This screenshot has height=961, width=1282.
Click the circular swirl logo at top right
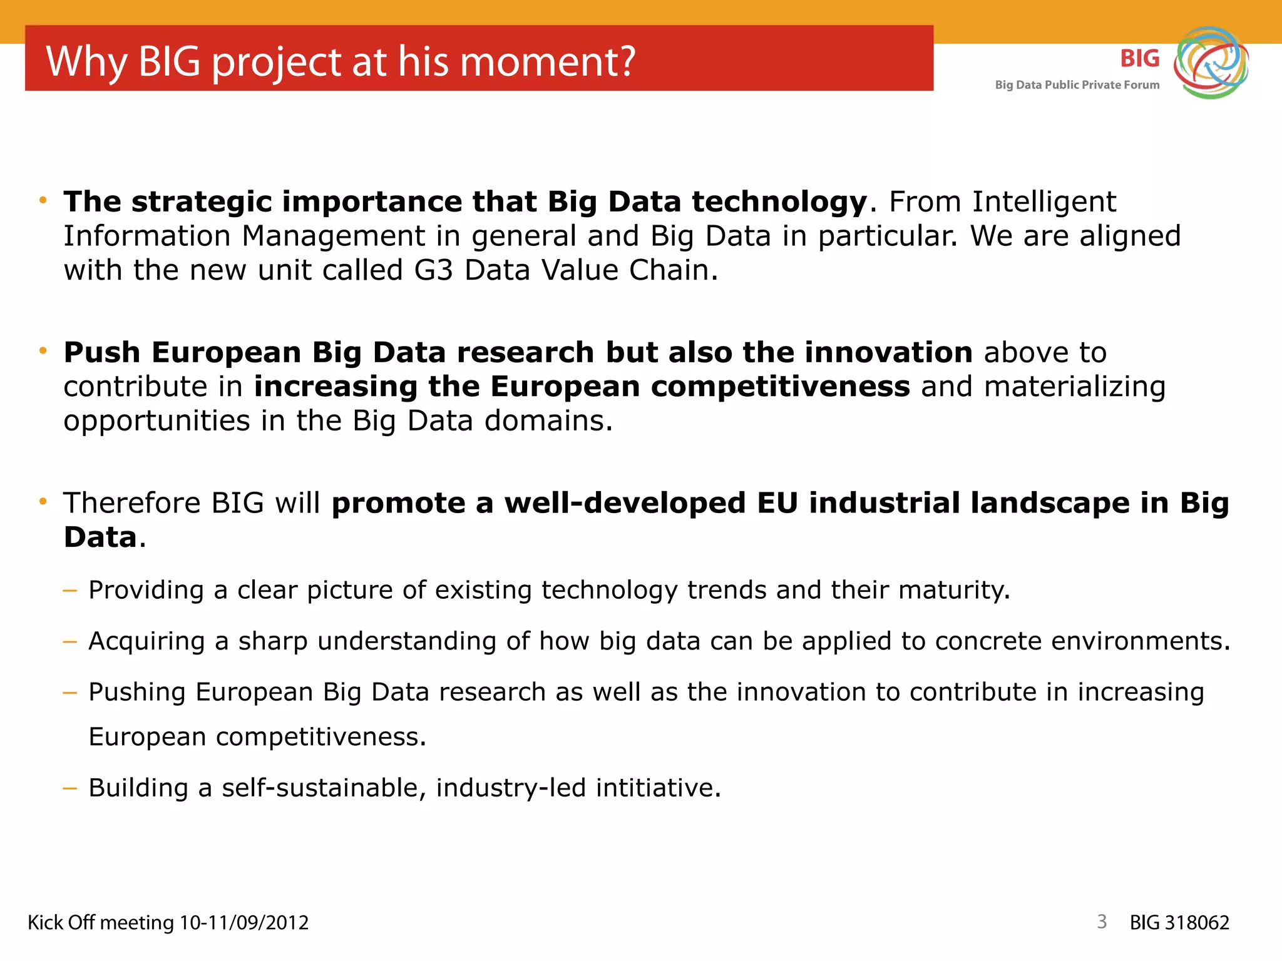1211,63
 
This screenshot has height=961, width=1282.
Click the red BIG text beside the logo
1139,59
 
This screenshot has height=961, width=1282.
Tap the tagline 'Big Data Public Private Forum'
1077,85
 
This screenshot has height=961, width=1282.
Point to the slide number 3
1102,922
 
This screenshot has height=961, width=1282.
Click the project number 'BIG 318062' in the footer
1179,923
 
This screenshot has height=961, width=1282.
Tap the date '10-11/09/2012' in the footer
244,923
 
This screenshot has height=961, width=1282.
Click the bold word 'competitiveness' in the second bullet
781,387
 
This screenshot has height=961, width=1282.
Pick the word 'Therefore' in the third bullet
132,503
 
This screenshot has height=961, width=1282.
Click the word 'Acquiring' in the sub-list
146,642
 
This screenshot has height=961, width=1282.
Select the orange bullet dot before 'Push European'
43,351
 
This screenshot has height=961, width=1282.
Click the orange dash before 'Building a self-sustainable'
70,788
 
